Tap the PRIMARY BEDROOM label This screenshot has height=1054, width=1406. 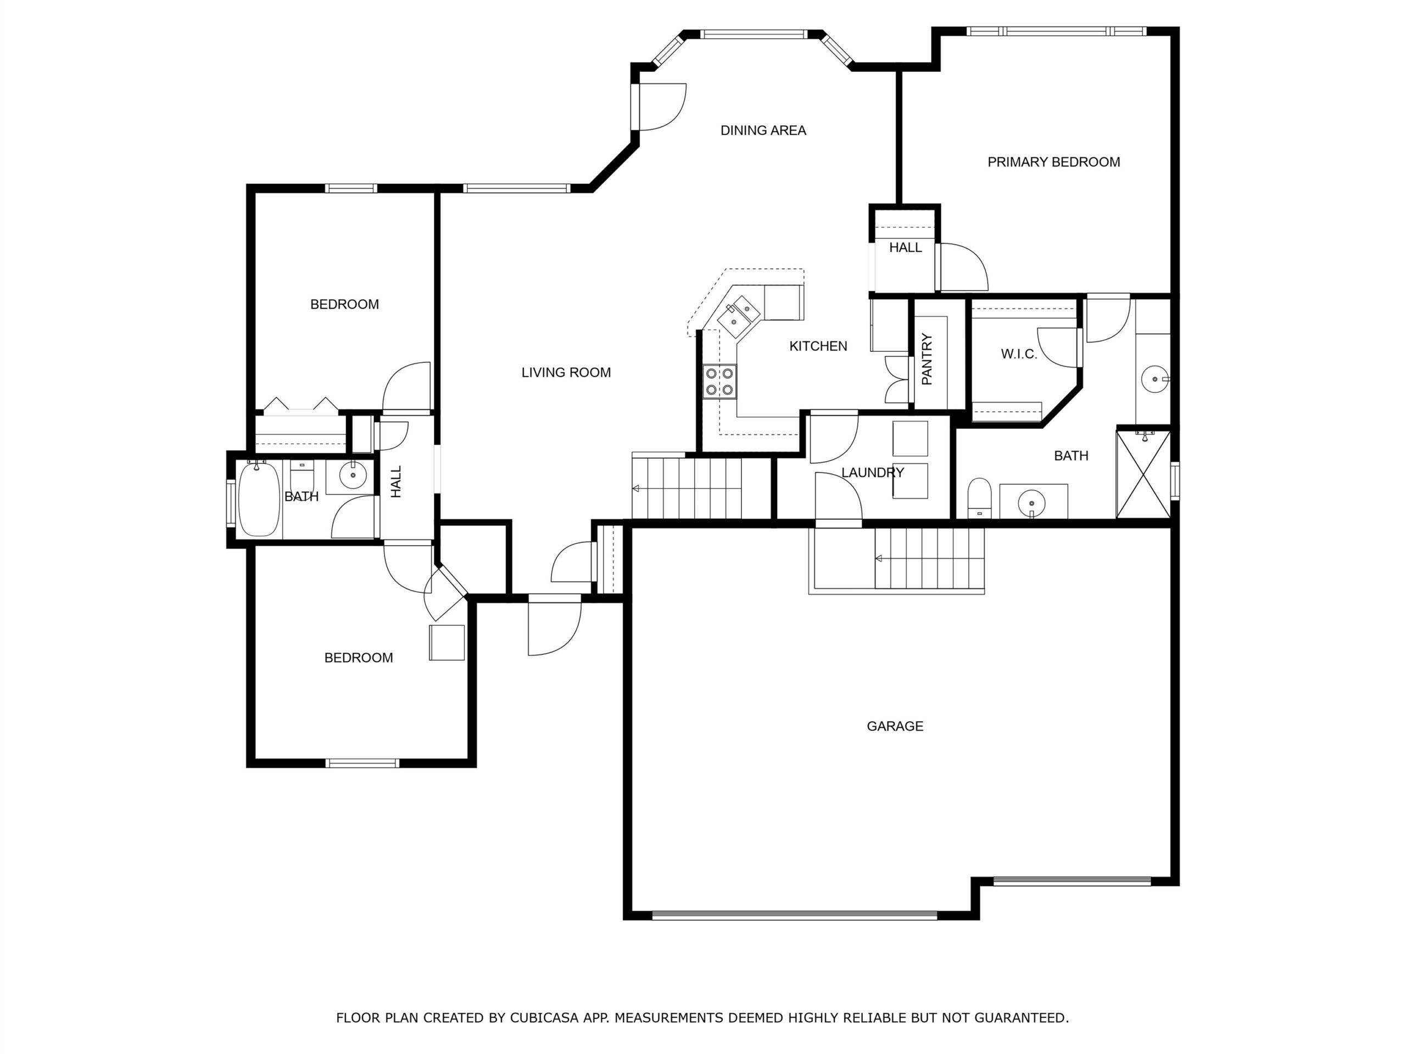tap(1053, 162)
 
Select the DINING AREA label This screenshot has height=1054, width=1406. tap(763, 130)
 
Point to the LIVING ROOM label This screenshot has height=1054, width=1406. tap(566, 372)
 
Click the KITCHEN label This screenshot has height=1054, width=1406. tap(818, 346)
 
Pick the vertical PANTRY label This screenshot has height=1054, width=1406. tap(927, 360)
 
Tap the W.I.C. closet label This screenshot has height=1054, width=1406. tap(1019, 355)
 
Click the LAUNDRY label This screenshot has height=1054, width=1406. tap(872, 473)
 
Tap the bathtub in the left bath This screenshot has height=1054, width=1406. tap(259, 500)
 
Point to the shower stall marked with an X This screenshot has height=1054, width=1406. tap(1143, 473)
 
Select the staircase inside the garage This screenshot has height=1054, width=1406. tap(929, 558)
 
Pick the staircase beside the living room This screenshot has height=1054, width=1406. tap(687, 488)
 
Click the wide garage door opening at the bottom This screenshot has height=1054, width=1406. tap(795, 916)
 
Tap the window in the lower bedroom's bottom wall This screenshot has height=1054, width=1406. tap(362, 763)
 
